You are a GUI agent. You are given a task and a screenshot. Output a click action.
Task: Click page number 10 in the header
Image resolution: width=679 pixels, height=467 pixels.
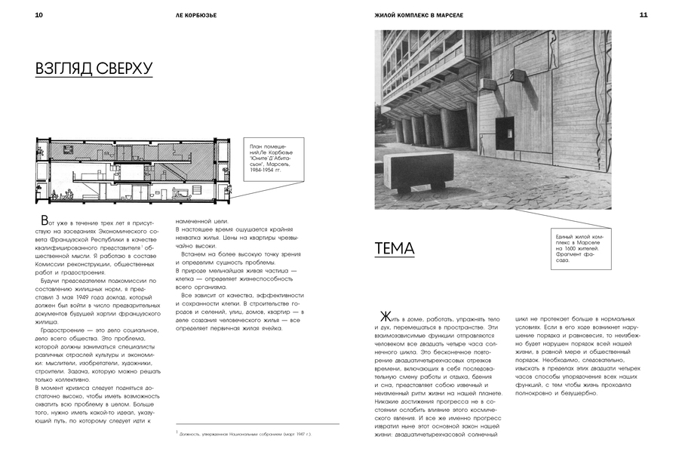click(x=38, y=14)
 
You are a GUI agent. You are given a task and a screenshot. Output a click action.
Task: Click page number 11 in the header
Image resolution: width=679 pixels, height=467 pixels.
click(x=643, y=14)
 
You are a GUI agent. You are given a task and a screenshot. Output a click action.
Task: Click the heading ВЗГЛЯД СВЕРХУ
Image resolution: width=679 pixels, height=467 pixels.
click(x=94, y=69)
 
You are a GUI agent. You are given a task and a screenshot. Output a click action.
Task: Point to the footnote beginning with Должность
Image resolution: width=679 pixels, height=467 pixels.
click(x=243, y=435)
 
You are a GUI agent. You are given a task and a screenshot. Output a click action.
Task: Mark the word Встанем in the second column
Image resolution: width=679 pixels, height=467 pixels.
click(x=192, y=253)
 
